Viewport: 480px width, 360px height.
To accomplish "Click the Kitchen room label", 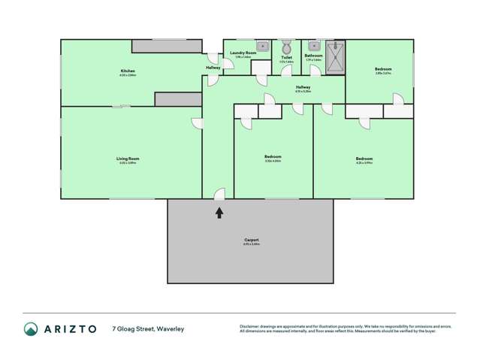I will coord(127,71).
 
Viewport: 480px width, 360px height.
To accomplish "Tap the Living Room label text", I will coord(127,159).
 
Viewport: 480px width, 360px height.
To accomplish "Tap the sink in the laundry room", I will coord(264,46).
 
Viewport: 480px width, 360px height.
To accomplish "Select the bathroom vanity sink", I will coord(313,46).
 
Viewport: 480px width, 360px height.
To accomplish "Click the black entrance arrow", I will coord(219,213).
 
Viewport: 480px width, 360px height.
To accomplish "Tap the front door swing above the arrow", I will coord(219,195).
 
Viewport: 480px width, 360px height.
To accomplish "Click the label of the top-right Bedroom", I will coord(383,69).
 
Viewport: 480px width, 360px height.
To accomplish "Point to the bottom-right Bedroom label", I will coord(364,159).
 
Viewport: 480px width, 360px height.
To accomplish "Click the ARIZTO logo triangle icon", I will coord(31,328).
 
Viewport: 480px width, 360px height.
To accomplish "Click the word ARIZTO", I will coord(69,328).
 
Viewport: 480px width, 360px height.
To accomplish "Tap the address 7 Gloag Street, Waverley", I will coord(148,328).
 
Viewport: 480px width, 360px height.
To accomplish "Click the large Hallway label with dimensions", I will coord(303,88).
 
